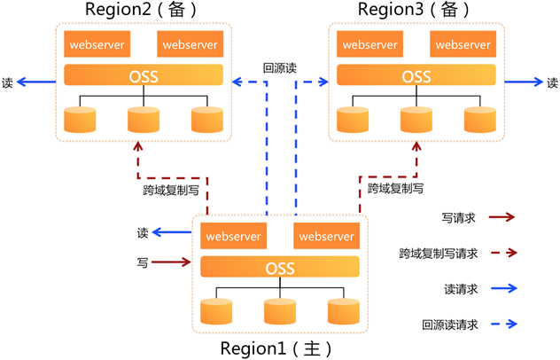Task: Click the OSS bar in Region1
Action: (x=280, y=267)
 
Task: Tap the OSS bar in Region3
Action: (x=416, y=75)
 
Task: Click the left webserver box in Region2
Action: (x=96, y=44)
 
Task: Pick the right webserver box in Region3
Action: (x=463, y=44)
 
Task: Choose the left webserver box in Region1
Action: (x=232, y=236)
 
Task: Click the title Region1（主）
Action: (x=277, y=348)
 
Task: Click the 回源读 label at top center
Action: (x=280, y=67)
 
